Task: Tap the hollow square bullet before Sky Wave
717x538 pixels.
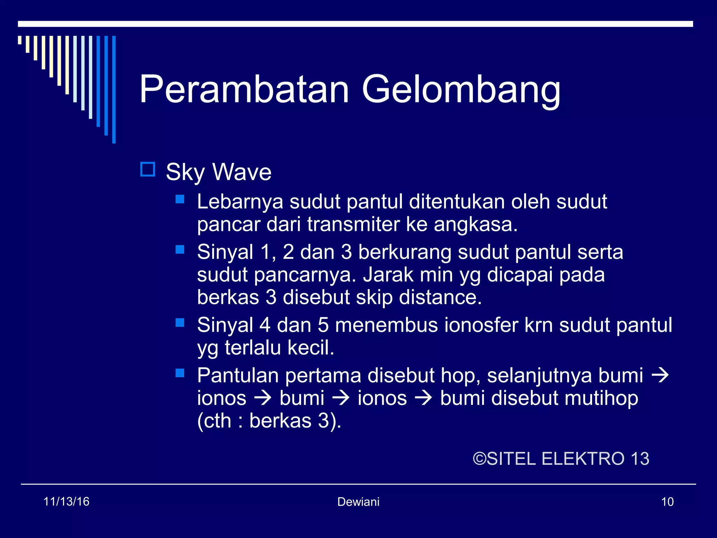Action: click(147, 170)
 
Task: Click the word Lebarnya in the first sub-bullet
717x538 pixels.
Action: click(240, 202)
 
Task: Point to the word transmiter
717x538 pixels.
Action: click(353, 225)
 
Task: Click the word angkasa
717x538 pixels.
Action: click(475, 225)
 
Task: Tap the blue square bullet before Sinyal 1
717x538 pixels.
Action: click(180, 249)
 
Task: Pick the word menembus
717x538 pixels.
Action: click(386, 325)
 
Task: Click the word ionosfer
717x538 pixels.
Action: click(481, 325)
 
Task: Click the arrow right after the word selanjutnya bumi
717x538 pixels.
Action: click(660, 375)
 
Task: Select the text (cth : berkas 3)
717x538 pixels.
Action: click(269, 421)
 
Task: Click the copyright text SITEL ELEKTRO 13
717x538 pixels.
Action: click(561, 459)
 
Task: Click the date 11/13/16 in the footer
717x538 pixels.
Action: click(66, 502)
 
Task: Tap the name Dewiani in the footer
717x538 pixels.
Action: click(358, 502)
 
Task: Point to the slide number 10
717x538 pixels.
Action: click(667, 502)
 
